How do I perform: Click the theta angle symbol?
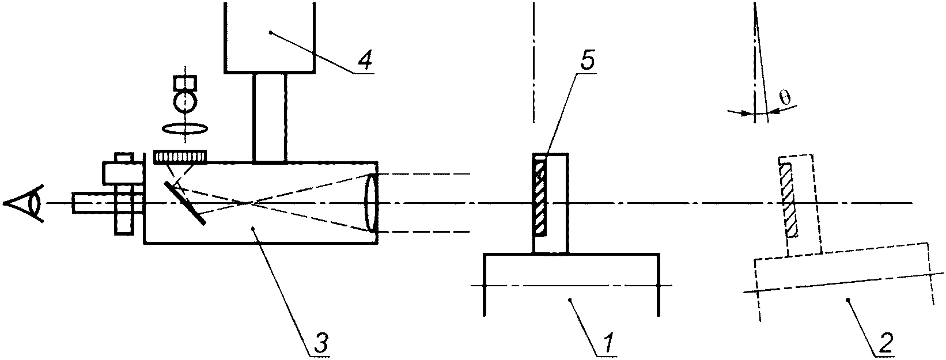pos(785,98)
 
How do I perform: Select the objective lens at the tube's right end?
pos(371,203)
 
